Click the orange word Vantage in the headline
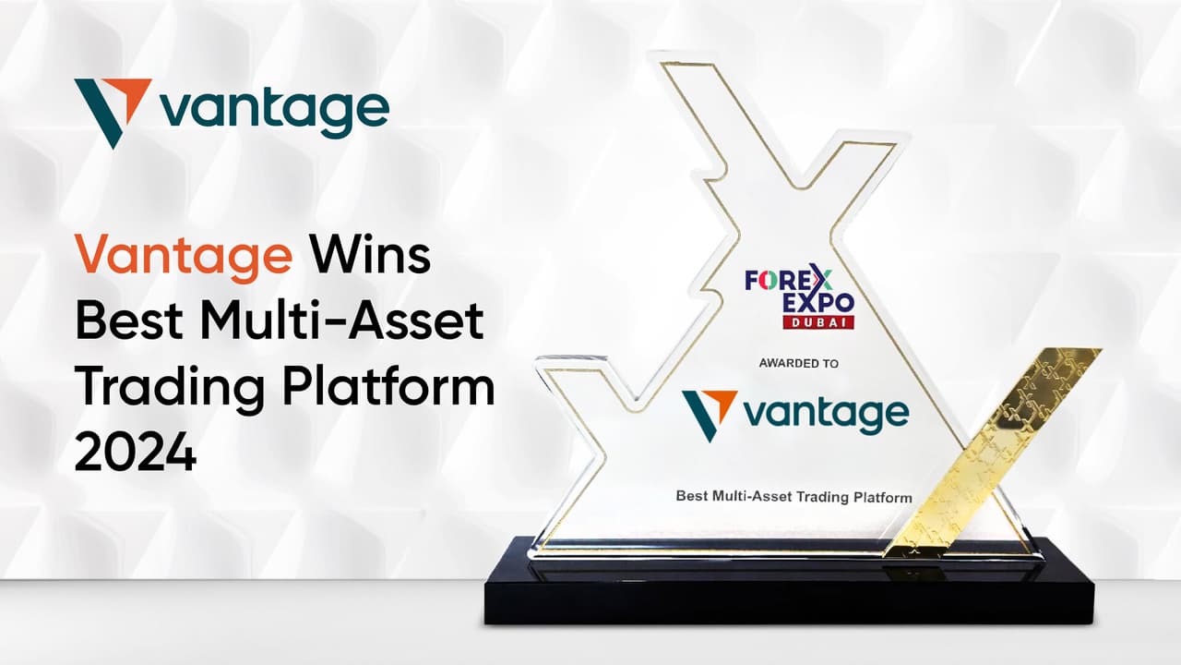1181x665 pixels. pyautogui.click(x=182, y=256)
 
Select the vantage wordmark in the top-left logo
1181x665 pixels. pyautogui.click(x=273, y=113)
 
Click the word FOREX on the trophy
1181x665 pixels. pyautogui.click(x=789, y=280)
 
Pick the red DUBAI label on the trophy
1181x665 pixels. pyautogui.click(x=817, y=322)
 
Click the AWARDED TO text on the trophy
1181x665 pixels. pyautogui.click(x=798, y=364)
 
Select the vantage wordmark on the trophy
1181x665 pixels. pyautogui.click(x=826, y=414)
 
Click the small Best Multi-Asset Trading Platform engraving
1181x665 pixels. pyautogui.click(x=793, y=496)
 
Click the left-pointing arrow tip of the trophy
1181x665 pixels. pyautogui.click(x=563, y=369)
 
